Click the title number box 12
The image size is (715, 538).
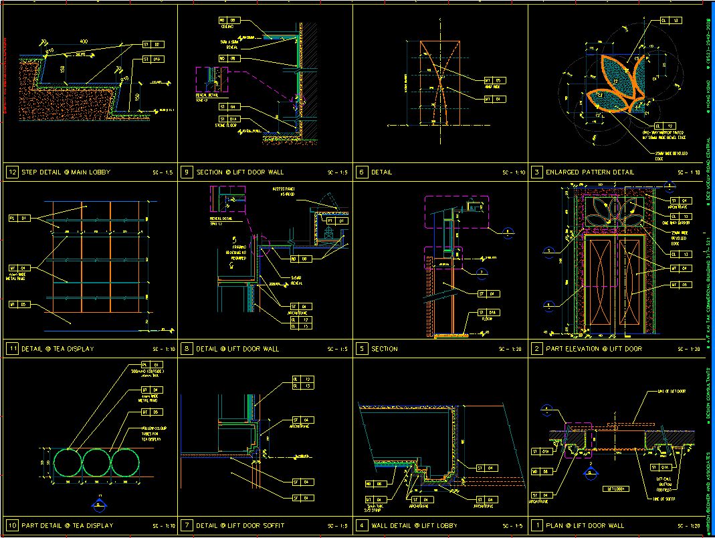pyautogui.click(x=13, y=172)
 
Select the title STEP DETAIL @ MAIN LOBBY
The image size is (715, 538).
pyautogui.click(x=66, y=172)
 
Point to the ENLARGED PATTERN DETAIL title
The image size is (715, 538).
pyautogui.click(x=590, y=172)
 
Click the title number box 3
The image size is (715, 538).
pyautogui.click(x=537, y=172)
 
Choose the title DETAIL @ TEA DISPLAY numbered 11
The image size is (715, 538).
pyautogui.click(x=58, y=349)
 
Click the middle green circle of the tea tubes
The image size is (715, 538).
pyautogui.click(x=96, y=462)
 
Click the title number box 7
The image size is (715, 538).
pyautogui.click(x=187, y=525)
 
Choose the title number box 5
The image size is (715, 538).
pyautogui.click(x=362, y=349)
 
